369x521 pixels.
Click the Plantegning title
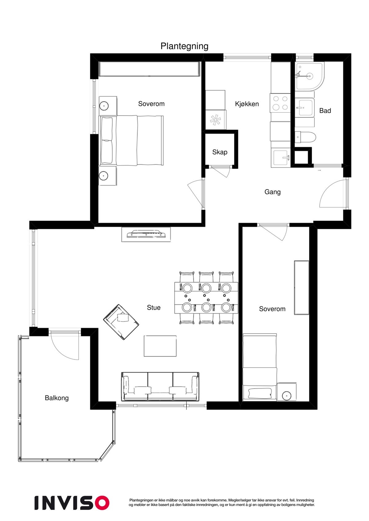[x=184, y=46]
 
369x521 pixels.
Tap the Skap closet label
[x=220, y=152]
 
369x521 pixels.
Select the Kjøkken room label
[x=247, y=104]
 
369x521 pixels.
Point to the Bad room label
[x=325, y=111]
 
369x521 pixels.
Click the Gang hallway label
[x=272, y=192]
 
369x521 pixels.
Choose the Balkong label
[x=57, y=398]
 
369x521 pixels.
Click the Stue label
[x=153, y=308]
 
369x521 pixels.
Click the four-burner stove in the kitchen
[x=280, y=103]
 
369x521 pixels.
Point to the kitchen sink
[x=281, y=158]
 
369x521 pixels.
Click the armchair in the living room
[x=121, y=322]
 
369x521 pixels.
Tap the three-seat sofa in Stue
[x=160, y=387]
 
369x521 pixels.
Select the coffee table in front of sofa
[x=160, y=346]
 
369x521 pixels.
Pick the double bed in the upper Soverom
[x=132, y=141]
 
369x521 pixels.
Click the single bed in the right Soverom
[x=260, y=367]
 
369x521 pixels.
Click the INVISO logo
[x=72, y=503]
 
